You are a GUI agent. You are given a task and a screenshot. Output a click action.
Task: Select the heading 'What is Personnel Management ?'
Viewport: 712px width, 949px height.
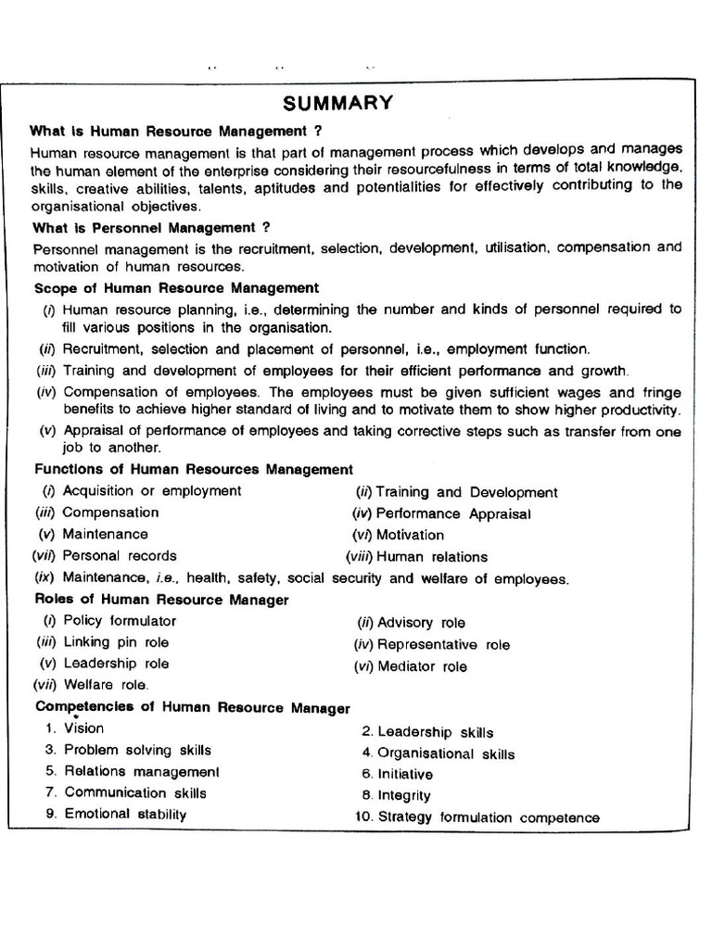151,227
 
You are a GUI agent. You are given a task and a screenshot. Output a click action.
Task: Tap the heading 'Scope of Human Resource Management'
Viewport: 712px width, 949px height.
176,288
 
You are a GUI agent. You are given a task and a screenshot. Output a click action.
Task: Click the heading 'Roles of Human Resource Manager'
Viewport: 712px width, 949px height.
161,600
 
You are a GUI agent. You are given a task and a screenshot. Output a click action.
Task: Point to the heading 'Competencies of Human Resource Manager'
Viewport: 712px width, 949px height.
193,707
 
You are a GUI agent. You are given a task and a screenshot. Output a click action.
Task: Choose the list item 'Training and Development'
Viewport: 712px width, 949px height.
467,492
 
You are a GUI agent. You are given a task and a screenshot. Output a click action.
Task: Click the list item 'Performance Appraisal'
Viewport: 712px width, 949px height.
453,513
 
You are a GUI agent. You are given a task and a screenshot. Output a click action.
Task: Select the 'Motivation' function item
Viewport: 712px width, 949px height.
411,535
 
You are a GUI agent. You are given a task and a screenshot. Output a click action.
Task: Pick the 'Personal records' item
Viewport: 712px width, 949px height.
120,556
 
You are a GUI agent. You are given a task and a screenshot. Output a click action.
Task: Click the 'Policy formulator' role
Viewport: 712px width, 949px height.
120,621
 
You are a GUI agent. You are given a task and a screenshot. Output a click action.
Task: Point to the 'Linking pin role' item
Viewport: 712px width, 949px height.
117,642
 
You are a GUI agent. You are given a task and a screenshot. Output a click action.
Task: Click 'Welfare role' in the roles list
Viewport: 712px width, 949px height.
107,685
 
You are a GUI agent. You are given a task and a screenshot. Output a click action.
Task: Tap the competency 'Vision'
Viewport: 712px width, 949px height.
84,728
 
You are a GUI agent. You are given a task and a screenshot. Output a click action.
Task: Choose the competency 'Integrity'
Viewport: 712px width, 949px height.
404,795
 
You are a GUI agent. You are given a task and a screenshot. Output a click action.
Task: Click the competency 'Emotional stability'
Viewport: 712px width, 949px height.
125,814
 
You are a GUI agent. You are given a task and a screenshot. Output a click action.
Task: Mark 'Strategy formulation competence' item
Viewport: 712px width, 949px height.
489,817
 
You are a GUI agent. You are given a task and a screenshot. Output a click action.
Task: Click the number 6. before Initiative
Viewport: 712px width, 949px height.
367,774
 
